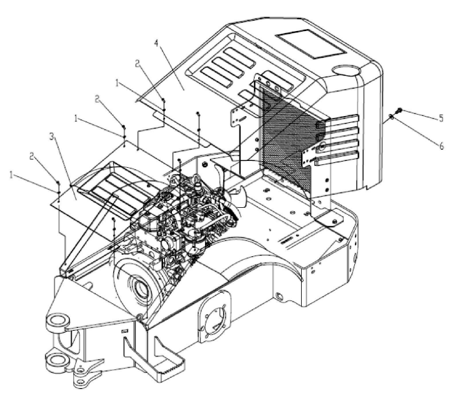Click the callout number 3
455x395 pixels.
point(52,137)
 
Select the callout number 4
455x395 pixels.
point(157,43)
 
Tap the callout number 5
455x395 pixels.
point(441,118)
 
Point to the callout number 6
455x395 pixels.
point(441,146)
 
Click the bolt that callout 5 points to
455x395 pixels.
point(400,110)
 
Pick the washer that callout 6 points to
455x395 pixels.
point(391,117)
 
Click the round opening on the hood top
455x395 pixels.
point(346,70)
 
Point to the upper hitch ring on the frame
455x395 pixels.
point(58,322)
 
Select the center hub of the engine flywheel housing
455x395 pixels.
point(143,289)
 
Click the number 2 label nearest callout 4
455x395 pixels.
point(138,64)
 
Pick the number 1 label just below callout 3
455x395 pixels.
point(11,175)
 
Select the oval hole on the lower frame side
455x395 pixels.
point(279,296)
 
